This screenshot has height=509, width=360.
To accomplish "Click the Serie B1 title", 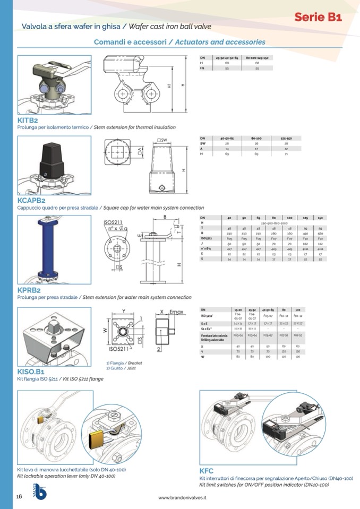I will click(x=318, y=17).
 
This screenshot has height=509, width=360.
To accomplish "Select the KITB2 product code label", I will click(x=28, y=120).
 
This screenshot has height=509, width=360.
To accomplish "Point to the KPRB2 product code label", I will click(x=29, y=290).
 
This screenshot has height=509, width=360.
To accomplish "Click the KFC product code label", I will click(x=207, y=471).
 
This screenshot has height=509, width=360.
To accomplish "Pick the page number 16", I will click(x=19, y=496).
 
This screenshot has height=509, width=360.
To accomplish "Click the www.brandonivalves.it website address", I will click(x=182, y=497).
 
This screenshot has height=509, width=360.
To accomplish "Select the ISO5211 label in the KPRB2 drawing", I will click(x=114, y=221).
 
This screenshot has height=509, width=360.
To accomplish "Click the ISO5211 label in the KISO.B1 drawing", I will click(x=120, y=349).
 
